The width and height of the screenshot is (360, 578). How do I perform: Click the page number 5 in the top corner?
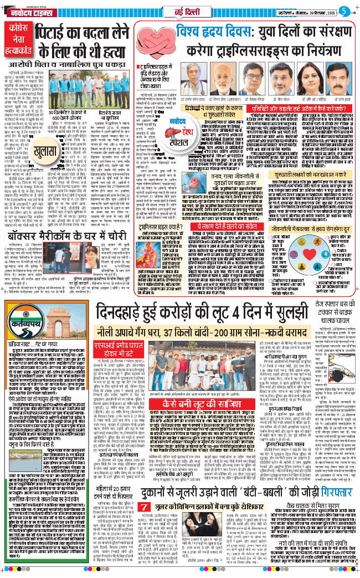click(x=344, y=10)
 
